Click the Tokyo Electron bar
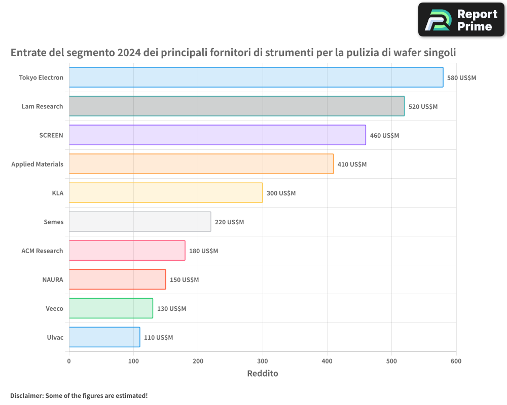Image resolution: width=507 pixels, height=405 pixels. (256, 77)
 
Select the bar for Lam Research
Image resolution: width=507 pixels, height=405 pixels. (237, 106)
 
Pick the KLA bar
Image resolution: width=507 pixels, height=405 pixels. (166, 193)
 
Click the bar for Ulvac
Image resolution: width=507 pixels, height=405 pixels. (104, 337)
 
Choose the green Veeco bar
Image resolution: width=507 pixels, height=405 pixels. (111, 308)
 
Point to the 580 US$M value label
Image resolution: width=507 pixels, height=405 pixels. (461, 78)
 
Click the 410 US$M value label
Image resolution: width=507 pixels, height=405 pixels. (352, 165)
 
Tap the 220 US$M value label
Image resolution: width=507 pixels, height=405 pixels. (229, 222)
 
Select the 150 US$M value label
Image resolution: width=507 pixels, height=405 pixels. (184, 280)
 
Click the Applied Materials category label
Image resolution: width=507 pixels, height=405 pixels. (38, 164)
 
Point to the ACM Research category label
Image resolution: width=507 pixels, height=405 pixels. (42, 251)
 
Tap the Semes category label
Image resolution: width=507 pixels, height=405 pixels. (54, 222)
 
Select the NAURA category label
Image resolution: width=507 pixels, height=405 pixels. (53, 279)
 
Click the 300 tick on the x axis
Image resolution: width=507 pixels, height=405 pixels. (263, 361)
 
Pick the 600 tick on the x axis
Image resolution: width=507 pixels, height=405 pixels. (456, 361)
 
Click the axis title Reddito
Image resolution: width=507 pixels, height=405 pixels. (263, 374)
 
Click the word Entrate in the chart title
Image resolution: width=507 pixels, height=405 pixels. (30, 53)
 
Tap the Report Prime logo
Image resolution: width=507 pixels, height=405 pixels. (461, 20)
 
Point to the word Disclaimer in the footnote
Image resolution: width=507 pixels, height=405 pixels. (26, 395)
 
